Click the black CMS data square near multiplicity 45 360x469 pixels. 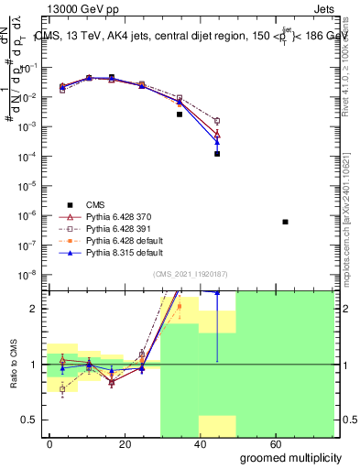tap(217, 154)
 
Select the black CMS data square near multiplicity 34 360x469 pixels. tap(180, 115)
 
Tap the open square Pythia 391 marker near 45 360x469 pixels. tap(217, 121)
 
